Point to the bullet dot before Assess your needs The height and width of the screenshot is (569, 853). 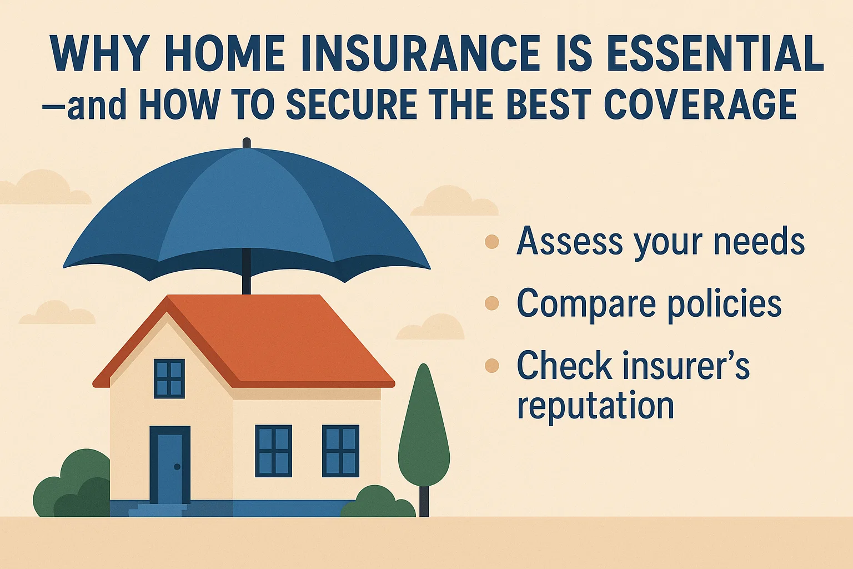pos(492,242)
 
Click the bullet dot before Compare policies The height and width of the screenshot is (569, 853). pos(492,303)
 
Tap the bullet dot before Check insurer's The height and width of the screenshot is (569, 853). pos(492,366)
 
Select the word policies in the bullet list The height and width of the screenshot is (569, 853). pos(724,304)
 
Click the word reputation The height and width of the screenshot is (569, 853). pos(595,406)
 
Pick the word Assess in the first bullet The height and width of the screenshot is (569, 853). pos(569,242)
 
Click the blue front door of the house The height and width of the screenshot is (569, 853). pos(169,467)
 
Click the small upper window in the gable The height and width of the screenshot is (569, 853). pos(169,378)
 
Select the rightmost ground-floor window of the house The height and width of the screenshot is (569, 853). pos(340,451)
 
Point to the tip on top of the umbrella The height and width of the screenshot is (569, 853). pos(247,143)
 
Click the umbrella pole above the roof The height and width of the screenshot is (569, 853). pos(247,278)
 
